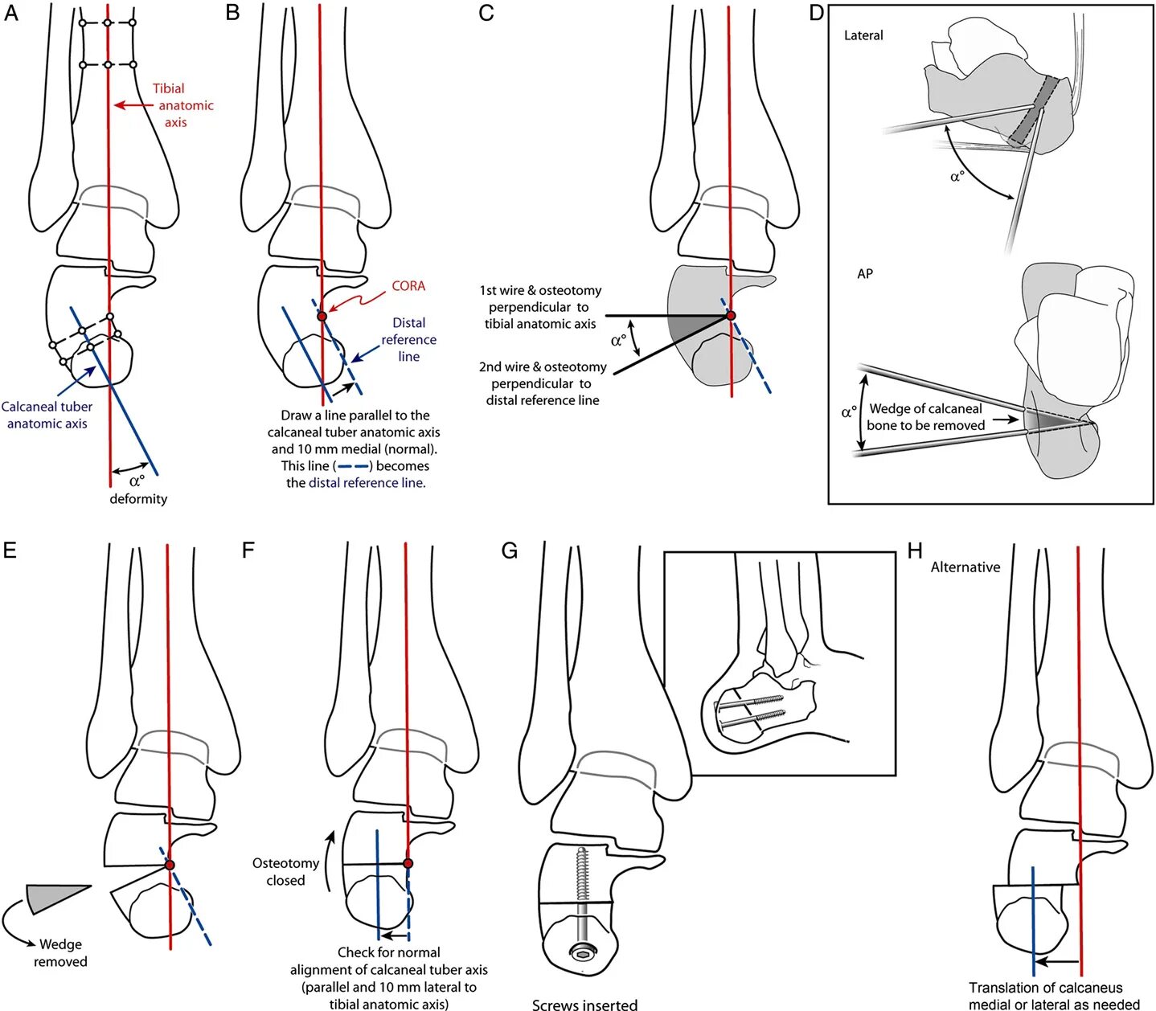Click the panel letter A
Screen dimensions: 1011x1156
pos(10,14)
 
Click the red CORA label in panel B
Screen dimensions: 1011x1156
pos(408,286)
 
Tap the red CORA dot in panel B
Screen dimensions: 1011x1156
pos(322,317)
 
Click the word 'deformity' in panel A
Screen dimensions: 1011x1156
pos(138,499)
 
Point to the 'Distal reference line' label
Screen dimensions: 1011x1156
pos(408,339)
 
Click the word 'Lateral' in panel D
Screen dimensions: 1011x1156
pos(863,35)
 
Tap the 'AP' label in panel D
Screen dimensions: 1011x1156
pos(865,273)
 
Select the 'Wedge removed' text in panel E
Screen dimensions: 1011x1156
pos(60,953)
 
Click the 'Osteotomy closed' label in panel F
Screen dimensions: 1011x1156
pos(285,872)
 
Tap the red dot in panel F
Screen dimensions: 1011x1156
pos(408,864)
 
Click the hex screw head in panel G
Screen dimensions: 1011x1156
pos(581,954)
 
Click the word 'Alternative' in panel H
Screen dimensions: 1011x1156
pos(965,567)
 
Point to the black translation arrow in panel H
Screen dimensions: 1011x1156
pos(1057,961)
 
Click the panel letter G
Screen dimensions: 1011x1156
pos(509,551)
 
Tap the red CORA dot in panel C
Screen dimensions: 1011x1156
pos(731,316)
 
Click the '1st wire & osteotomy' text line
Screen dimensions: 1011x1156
pos(540,290)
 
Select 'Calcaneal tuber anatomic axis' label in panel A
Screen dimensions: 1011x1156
pos(47,415)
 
